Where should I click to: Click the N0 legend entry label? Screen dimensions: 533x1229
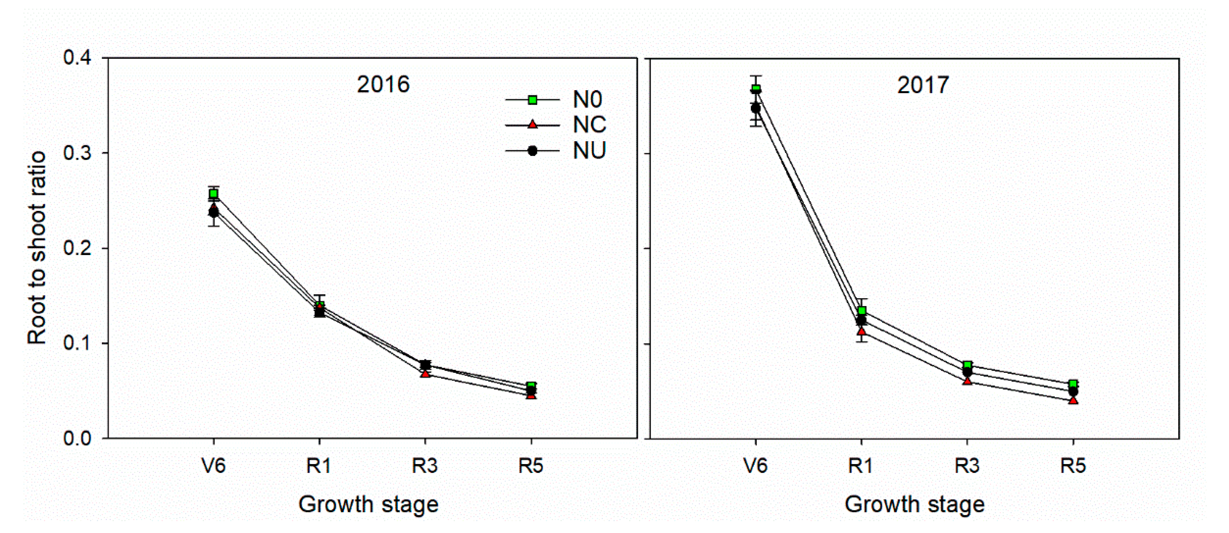587,99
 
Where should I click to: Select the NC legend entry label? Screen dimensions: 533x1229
589,125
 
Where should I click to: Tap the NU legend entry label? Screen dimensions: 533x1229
589,150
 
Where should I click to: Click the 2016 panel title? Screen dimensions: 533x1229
383,85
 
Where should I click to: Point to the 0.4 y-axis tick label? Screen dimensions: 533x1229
77,58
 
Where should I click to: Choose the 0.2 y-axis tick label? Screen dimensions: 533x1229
77,249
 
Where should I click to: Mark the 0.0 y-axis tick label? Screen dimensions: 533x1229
77,438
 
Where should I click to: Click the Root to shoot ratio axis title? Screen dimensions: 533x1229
37,248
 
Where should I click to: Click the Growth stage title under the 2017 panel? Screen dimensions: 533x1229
914,504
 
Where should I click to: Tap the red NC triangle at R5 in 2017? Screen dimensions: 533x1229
1073,400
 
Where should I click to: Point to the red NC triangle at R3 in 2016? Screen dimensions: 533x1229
425,373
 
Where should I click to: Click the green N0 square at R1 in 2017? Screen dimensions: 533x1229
862,311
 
